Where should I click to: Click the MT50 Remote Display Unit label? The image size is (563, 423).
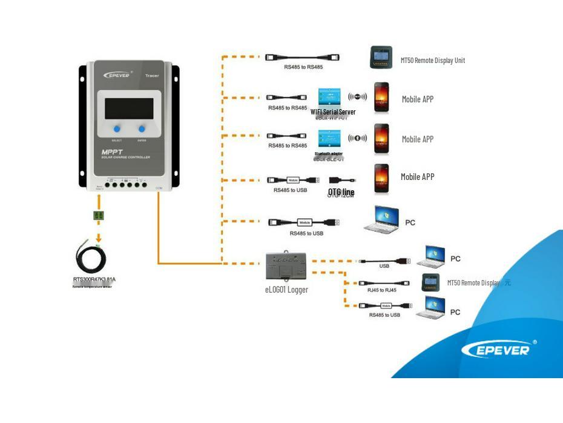tap(432, 61)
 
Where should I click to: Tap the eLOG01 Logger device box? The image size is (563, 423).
tap(286, 266)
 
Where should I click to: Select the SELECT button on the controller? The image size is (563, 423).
tap(117, 129)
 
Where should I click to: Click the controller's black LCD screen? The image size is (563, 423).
tap(129, 108)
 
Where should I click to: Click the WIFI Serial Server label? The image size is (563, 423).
tap(333, 112)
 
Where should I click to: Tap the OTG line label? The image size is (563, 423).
tap(341, 192)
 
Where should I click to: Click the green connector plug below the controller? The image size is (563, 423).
tap(98, 215)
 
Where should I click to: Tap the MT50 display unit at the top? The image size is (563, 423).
tap(381, 58)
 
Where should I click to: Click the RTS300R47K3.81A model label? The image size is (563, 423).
tap(94, 279)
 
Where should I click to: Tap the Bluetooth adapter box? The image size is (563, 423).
tap(330, 139)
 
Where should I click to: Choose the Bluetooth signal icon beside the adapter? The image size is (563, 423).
tap(358, 138)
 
